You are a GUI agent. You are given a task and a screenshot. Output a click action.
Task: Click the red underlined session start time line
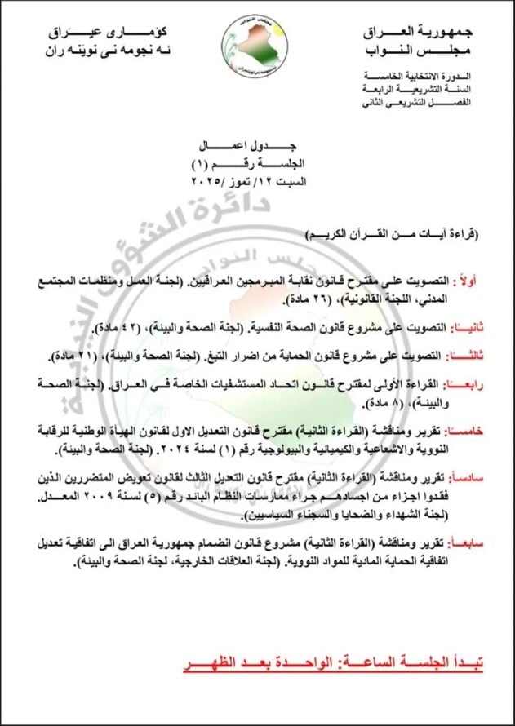point(333,665)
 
